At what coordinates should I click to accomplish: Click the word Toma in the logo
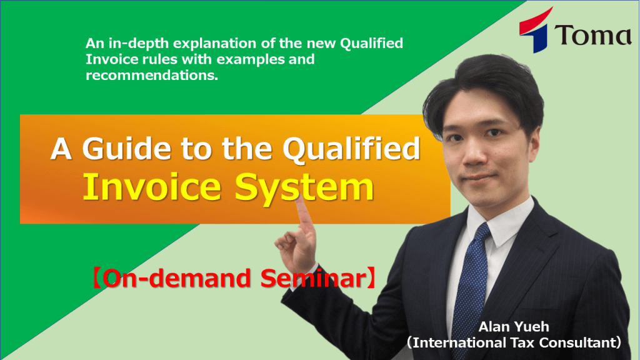pos(592,35)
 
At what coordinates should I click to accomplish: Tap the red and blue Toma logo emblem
pos(535,31)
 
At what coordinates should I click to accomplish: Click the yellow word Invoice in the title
pos(152,187)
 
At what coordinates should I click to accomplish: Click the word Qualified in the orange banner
pos(351,149)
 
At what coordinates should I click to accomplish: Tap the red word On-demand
pos(176,278)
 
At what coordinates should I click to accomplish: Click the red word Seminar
pos(314,278)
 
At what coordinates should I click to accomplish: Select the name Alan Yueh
pos(514,326)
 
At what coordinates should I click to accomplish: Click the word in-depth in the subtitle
pos(139,44)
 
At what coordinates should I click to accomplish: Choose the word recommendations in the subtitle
pos(152,75)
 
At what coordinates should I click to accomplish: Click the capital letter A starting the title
pos(61,149)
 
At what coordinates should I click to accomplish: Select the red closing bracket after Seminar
pos(371,278)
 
